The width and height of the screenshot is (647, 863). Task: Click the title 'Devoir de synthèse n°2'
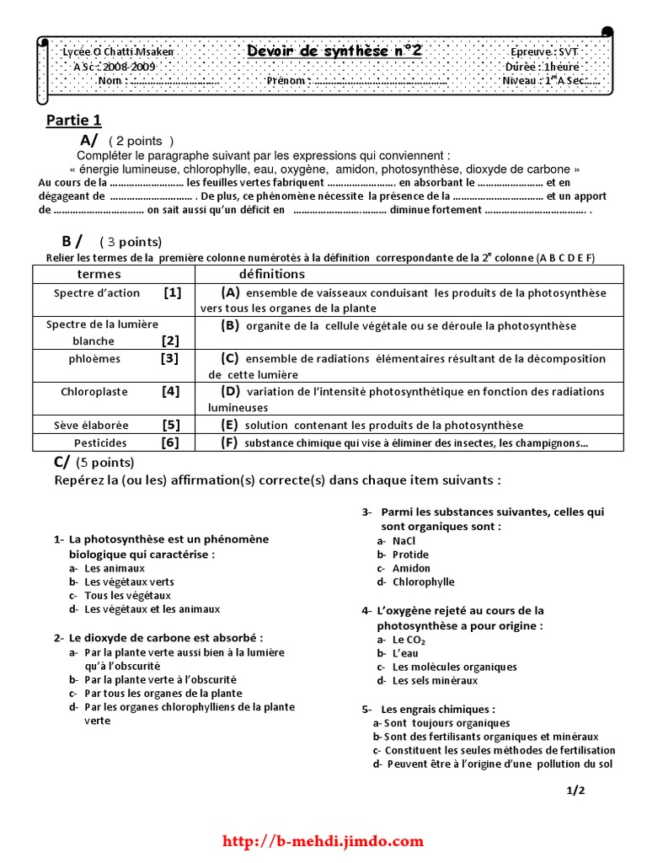pos(334,51)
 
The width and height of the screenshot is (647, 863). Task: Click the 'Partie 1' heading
pos(73,121)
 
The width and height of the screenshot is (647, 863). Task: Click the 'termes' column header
pos(99,275)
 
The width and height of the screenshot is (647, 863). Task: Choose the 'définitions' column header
pos(272,275)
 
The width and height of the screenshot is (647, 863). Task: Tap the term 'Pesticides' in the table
pos(100,442)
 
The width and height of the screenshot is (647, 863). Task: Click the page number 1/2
pos(575,790)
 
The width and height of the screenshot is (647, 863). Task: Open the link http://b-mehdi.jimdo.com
pos(323,841)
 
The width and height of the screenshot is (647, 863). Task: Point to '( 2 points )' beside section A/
pos(141,142)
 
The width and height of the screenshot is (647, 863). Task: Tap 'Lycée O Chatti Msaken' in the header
pos(118,52)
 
